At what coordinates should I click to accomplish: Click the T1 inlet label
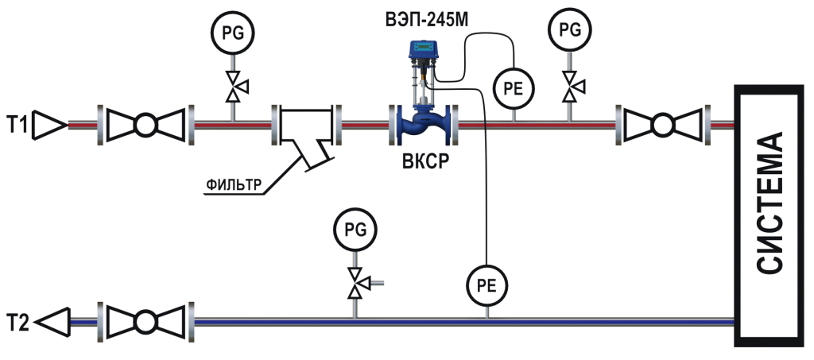18,125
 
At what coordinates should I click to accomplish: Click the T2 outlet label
18,322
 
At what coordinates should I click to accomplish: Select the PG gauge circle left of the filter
232,33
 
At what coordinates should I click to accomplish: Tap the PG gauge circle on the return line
355,230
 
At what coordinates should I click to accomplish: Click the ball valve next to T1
146,125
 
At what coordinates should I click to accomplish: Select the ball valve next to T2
146,322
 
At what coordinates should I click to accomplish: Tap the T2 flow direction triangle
52,322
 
